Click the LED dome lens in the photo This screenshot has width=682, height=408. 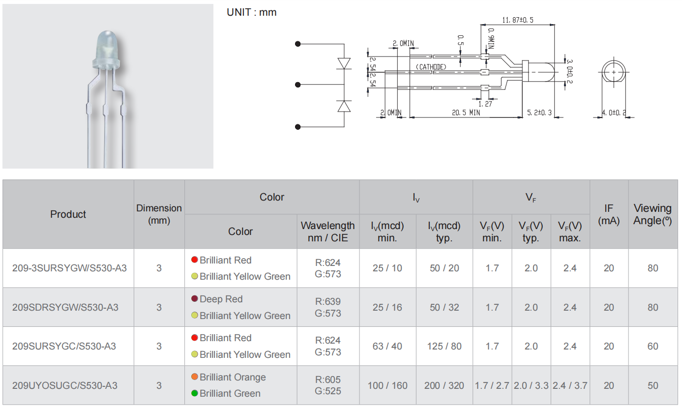coord(105,45)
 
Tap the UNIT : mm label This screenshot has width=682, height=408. coord(251,12)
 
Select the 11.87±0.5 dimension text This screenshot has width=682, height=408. coord(517,20)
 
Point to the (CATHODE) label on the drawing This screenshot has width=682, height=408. coord(431,67)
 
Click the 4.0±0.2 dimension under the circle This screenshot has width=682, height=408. coord(614,113)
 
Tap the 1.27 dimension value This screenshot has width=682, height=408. coord(485,104)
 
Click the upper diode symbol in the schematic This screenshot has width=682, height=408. coord(344,63)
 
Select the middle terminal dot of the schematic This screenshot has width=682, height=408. coord(297,85)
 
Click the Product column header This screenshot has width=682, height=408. coord(68,214)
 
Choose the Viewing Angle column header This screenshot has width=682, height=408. coord(652,214)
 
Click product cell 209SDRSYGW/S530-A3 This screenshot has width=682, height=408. coord(65,307)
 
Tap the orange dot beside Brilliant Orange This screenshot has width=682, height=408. coord(195,377)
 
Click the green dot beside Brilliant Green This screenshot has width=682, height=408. coord(195,393)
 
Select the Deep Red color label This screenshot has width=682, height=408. coord(221,299)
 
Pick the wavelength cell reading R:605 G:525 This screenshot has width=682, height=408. coord(328,385)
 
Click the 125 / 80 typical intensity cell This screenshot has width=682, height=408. coord(444,346)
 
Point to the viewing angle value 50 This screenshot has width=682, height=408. coord(652,385)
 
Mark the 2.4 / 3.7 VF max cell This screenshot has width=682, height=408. coord(570,385)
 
